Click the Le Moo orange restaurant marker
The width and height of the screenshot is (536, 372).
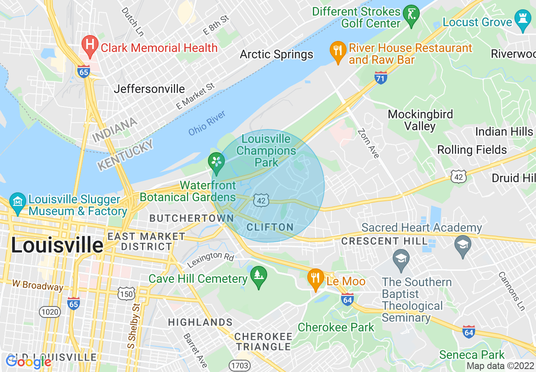point(315,279)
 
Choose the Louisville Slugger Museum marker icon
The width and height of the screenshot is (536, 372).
point(18,203)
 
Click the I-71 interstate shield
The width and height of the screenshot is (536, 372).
point(381,77)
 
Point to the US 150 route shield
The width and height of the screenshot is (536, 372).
point(127,293)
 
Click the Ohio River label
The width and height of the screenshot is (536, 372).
point(207,123)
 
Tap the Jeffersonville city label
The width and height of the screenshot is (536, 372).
point(149,89)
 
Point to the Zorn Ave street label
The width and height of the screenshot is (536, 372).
point(368,143)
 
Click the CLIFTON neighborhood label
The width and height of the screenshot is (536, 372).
point(270,227)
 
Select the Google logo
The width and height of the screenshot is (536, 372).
point(28,362)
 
